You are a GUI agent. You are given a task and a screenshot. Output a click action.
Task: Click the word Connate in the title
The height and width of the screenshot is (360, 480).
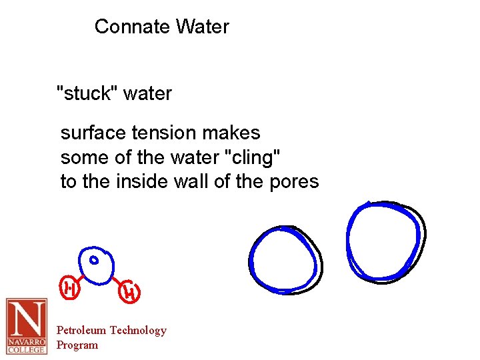pos(132,27)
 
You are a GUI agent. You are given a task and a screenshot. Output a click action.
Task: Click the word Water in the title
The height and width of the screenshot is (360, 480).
pos(203,27)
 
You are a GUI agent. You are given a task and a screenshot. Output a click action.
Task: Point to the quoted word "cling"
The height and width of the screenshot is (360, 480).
pos(254,157)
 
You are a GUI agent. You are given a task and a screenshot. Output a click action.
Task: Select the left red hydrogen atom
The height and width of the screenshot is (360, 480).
pos(69,288)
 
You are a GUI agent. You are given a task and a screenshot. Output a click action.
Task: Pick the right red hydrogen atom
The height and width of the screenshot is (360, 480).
pos(131,291)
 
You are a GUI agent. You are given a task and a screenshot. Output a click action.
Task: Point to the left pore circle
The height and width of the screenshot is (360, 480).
pos(285,259)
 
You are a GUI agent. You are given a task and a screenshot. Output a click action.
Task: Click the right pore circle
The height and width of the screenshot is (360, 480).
pos(385,241)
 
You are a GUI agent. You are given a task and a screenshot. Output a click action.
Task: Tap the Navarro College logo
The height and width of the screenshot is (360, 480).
pos(27,326)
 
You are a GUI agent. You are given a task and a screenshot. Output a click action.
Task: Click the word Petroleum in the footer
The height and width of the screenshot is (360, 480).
pos(81,330)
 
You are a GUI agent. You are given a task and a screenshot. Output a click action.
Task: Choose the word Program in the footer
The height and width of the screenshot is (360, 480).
pos(77,345)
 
